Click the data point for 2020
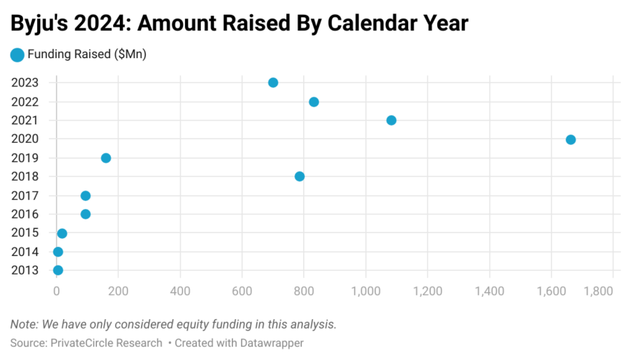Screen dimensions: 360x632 click(x=570, y=139)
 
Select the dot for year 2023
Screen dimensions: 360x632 click(x=273, y=83)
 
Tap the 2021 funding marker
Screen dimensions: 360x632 click(x=391, y=120)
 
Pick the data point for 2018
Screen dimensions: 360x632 click(x=300, y=176)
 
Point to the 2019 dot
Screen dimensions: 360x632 click(x=106, y=158)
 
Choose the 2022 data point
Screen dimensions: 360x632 click(x=314, y=102)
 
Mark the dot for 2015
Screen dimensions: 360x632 click(x=62, y=234)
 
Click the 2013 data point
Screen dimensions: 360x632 click(x=58, y=270)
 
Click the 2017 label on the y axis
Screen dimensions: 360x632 click(x=25, y=196)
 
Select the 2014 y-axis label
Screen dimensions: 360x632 click(x=25, y=251)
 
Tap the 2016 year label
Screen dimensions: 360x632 click(x=25, y=214)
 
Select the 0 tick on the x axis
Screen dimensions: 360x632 click(x=57, y=290)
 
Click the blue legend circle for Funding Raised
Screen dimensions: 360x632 click(x=16, y=54)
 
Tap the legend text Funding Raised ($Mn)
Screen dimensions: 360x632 click(x=86, y=54)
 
